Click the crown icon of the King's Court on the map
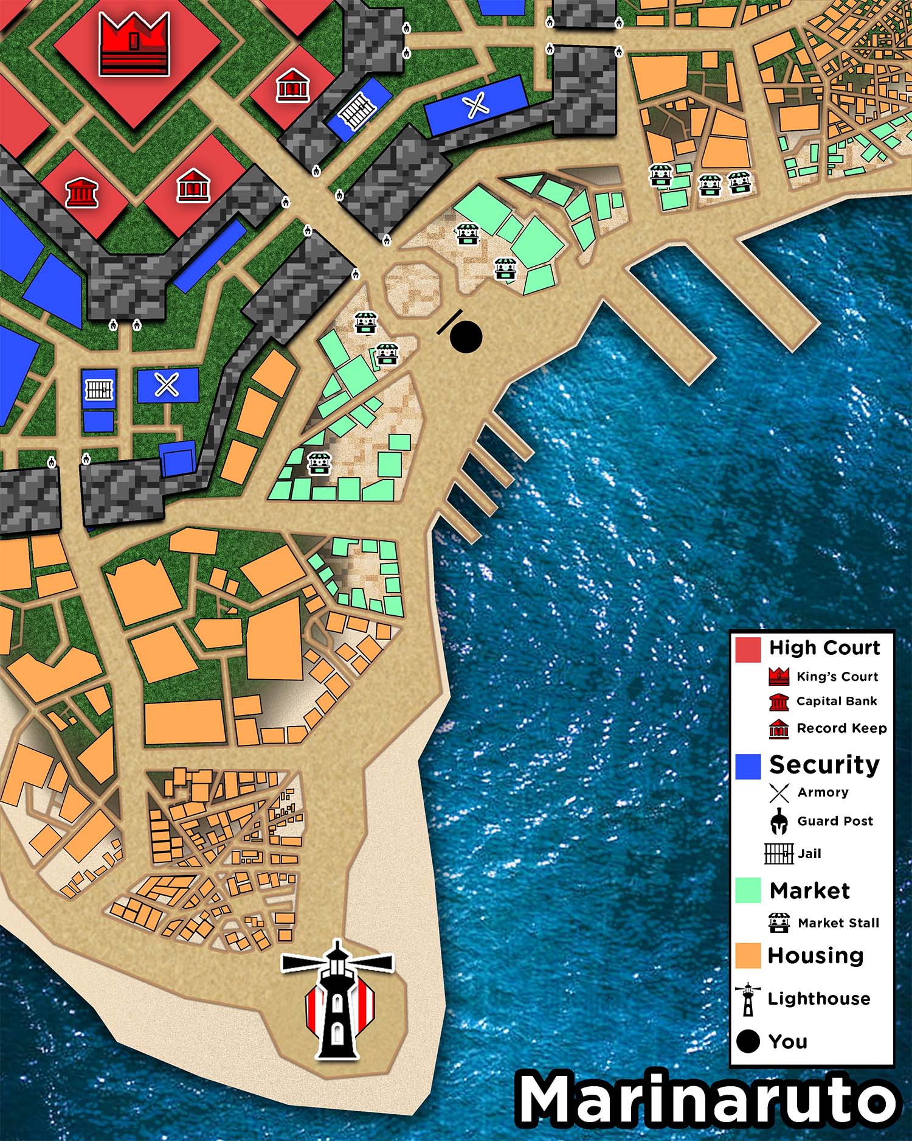(134, 44)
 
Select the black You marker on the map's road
(466, 337)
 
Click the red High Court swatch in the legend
(748, 649)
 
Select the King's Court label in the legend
(837, 677)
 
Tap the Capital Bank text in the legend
(837, 701)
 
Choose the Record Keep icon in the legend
(779, 728)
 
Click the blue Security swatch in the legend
(748, 766)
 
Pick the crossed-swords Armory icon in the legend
(779, 793)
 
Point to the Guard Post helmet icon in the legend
(779, 822)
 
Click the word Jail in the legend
(809, 853)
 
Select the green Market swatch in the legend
(748, 890)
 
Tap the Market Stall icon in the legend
(779, 923)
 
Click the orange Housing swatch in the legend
(748, 955)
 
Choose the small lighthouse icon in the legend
(748, 999)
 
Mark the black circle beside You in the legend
(748, 1041)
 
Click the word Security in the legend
(824, 765)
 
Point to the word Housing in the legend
(815, 955)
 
